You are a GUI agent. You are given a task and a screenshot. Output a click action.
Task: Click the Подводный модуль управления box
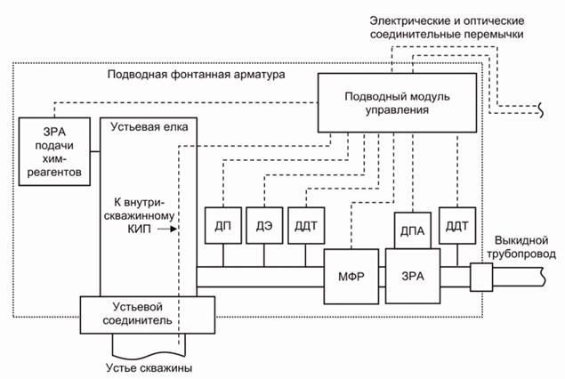coord(387,102)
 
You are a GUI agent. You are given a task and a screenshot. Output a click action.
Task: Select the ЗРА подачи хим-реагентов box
coord(54,151)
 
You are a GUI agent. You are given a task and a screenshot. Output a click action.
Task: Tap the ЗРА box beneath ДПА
coord(412,274)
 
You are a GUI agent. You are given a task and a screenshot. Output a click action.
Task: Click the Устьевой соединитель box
coord(148,312)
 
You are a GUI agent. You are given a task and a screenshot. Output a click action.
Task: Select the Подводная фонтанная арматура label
coord(197,76)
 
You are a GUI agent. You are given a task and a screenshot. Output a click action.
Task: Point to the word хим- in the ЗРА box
coord(54,157)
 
